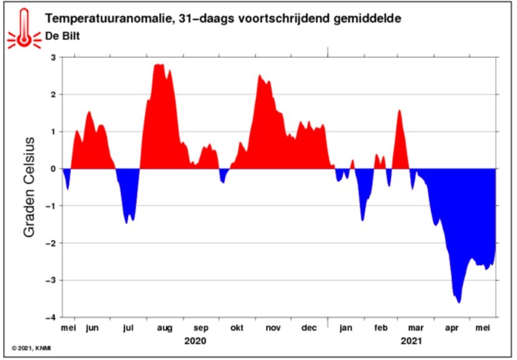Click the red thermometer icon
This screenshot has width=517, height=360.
[x=24, y=29]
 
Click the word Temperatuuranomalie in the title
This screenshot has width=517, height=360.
[x=109, y=19]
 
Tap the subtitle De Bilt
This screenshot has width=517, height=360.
[x=62, y=36]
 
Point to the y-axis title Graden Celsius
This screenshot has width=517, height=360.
[x=29, y=187]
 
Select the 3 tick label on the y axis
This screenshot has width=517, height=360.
[x=54, y=57]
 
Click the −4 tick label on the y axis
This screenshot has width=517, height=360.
[x=51, y=318]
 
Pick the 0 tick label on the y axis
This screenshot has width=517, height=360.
[x=54, y=169]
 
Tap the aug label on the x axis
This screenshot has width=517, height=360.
[x=165, y=328]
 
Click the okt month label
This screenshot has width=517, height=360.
[x=237, y=328]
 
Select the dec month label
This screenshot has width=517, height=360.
[x=309, y=328]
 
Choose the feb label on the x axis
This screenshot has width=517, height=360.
[x=381, y=328]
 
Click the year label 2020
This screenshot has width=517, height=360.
[x=195, y=341]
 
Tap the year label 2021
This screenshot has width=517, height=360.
[x=411, y=341]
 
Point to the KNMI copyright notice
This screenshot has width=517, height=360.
[x=31, y=348]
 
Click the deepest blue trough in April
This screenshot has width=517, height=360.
[x=459, y=301]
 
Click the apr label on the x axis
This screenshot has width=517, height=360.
[x=451, y=328]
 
